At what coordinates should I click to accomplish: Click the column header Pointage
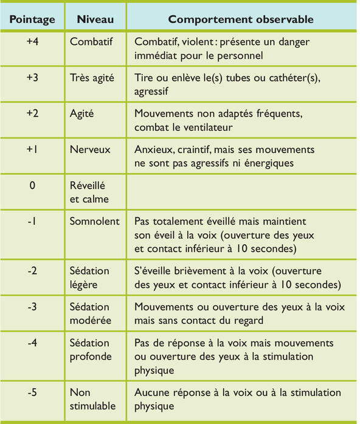click(x=32, y=19)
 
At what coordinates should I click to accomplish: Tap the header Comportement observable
click(x=241, y=19)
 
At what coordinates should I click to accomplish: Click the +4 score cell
click(x=33, y=43)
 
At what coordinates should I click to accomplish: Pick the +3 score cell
click(x=33, y=78)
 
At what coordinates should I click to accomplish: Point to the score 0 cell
click(x=33, y=185)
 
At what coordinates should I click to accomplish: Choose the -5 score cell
click(x=33, y=393)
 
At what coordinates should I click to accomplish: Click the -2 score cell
click(x=33, y=270)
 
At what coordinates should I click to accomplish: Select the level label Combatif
click(x=91, y=43)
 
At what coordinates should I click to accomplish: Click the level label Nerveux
click(x=90, y=149)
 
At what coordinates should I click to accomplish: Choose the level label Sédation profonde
click(x=90, y=348)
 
